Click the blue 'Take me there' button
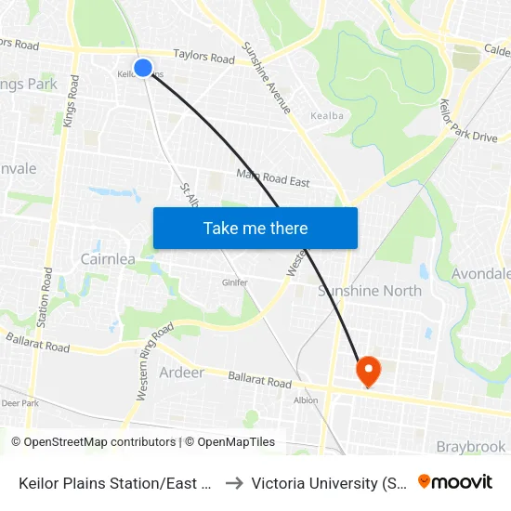255,228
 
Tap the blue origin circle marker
143,68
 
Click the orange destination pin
368,371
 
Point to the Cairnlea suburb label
109,259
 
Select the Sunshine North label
370,291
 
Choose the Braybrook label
471,447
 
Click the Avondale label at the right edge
481,274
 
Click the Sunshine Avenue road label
267,78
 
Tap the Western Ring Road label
155,362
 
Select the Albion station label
306,400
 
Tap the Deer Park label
20,403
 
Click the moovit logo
455,482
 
